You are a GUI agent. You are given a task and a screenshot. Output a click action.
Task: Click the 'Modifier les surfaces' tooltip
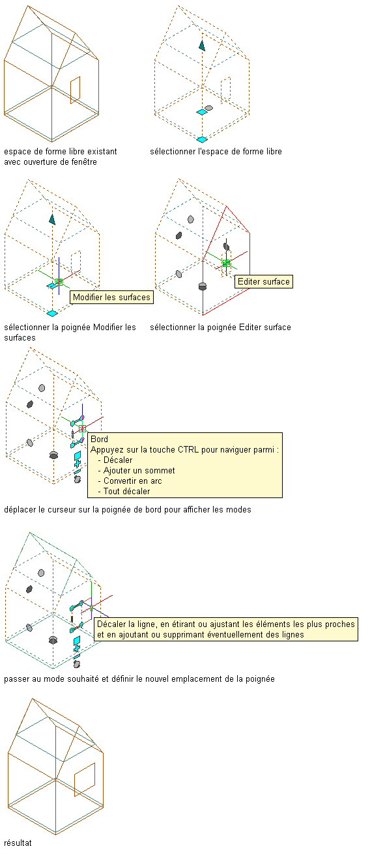[x=112, y=298]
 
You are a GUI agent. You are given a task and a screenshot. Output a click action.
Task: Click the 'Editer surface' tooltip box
[x=264, y=281]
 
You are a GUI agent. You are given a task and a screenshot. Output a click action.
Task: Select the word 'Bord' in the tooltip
[x=100, y=439]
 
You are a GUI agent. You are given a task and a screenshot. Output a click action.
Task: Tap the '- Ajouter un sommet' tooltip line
[x=137, y=471]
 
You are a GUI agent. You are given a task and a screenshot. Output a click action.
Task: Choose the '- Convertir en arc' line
[x=130, y=481]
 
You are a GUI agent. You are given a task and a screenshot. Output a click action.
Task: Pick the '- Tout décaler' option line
[x=124, y=492]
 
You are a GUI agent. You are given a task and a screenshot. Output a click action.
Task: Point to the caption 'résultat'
[x=18, y=843]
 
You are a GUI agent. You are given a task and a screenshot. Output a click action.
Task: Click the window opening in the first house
[x=75, y=90]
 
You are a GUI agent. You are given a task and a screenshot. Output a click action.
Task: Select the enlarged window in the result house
[x=85, y=779]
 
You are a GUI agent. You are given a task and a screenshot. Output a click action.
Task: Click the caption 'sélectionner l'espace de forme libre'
[x=216, y=152]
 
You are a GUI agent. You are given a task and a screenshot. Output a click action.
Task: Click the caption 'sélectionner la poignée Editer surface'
[x=220, y=328]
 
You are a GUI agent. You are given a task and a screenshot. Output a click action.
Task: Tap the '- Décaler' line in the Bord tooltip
[x=115, y=460]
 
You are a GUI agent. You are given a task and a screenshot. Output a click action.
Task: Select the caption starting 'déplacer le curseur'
[x=128, y=510]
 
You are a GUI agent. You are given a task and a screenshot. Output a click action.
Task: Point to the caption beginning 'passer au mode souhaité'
[x=139, y=679]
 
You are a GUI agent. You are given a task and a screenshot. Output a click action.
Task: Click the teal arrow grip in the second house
[x=202, y=46]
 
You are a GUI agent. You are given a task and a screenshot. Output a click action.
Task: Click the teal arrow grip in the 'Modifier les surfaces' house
[x=52, y=219]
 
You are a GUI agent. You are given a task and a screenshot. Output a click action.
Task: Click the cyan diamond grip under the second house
[x=202, y=139]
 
